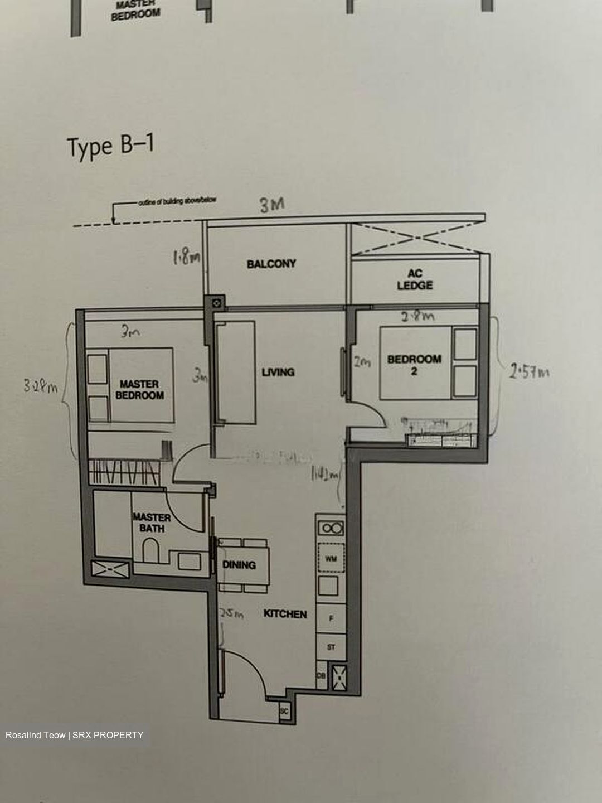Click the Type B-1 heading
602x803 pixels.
click(x=110, y=147)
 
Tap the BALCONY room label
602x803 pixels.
click(x=271, y=264)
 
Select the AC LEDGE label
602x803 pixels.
click(x=415, y=279)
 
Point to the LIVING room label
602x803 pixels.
click(x=278, y=372)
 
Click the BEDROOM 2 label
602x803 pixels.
click(x=414, y=365)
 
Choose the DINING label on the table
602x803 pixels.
click(x=239, y=565)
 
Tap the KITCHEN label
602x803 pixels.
click(x=285, y=614)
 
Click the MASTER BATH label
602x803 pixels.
click(x=152, y=523)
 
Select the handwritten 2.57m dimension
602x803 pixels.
click(x=528, y=370)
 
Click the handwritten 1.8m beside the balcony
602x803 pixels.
click(x=186, y=258)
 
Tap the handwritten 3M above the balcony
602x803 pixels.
click(x=272, y=205)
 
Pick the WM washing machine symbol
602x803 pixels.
click(x=331, y=558)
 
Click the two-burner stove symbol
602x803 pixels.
click(x=331, y=528)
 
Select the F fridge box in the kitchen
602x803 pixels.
click(x=331, y=618)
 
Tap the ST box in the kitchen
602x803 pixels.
click(x=331, y=647)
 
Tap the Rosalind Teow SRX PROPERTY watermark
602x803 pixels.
click(x=74, y=735)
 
